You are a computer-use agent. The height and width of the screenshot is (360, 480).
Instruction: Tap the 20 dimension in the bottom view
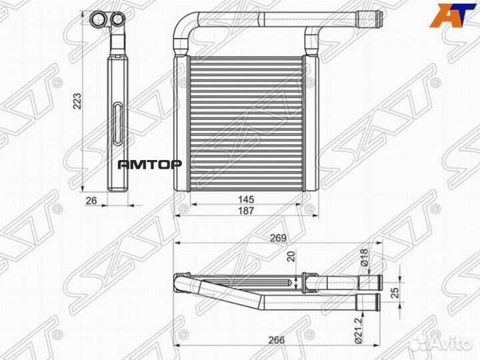coord(291,257)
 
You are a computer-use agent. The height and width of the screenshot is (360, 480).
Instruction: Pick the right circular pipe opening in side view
coord(117,18)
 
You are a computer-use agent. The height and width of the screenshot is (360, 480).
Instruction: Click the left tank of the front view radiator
coord(178,123)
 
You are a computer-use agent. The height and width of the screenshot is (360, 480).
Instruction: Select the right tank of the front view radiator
coord(308,123)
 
